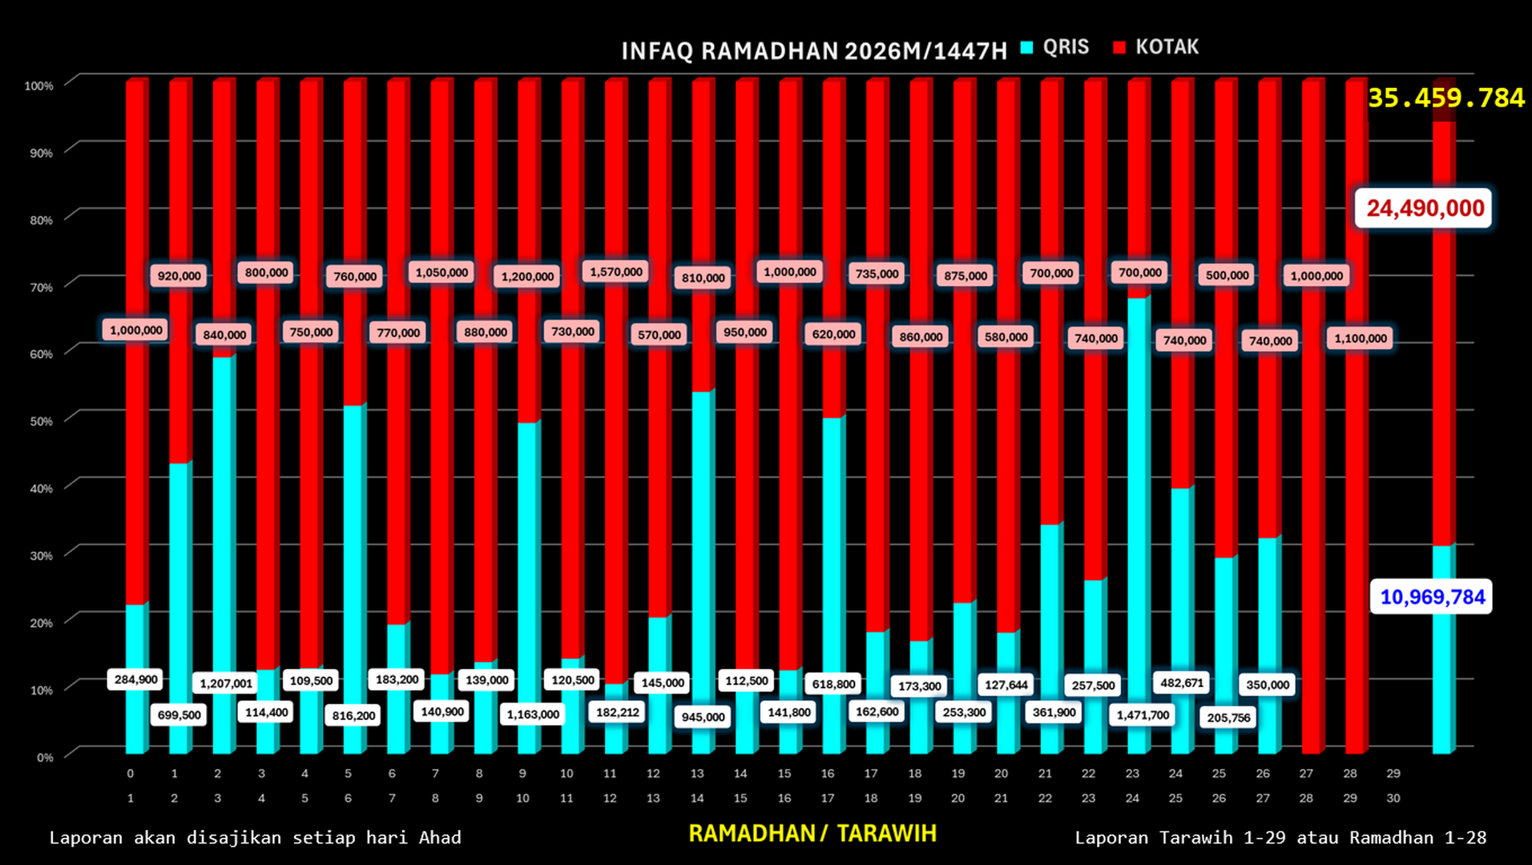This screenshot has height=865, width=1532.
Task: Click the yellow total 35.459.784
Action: click(x=1445, y=98)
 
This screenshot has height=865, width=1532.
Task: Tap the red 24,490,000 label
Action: click(x=1425, y=208)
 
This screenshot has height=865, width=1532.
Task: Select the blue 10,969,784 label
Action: click(x=1432, y=597)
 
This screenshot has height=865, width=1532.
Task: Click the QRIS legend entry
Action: click(x=1055, y=47)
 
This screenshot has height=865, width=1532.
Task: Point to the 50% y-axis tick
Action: click(x=41, y=421)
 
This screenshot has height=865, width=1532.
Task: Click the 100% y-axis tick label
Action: click(x=38, y=86)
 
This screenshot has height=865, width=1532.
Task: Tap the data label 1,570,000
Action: click(x=616, y=272)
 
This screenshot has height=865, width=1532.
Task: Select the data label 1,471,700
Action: click(x=1143, y=714)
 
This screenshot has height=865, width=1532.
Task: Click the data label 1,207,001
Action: click(x=226, y=683)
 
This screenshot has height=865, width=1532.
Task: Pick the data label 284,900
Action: click(x=136, y=679)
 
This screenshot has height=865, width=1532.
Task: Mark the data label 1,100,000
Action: click(x=1360, y=338)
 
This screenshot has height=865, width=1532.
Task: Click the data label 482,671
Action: click(x=1182, y=682)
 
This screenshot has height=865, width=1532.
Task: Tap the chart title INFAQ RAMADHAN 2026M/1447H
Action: click(x=813, y=51)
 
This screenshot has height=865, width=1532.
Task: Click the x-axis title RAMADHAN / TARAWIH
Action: click(x=812, y=834)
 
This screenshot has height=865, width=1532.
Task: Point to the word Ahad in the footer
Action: click(x=439, y=838)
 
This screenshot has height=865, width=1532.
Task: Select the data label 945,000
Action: click(x=703, y=717)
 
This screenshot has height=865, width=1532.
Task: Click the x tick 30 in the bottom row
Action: click(x=1393, y=799)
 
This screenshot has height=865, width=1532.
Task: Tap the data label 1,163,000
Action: click(x=533, y=714)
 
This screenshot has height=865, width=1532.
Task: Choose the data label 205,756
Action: click(x=1228, y=718)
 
